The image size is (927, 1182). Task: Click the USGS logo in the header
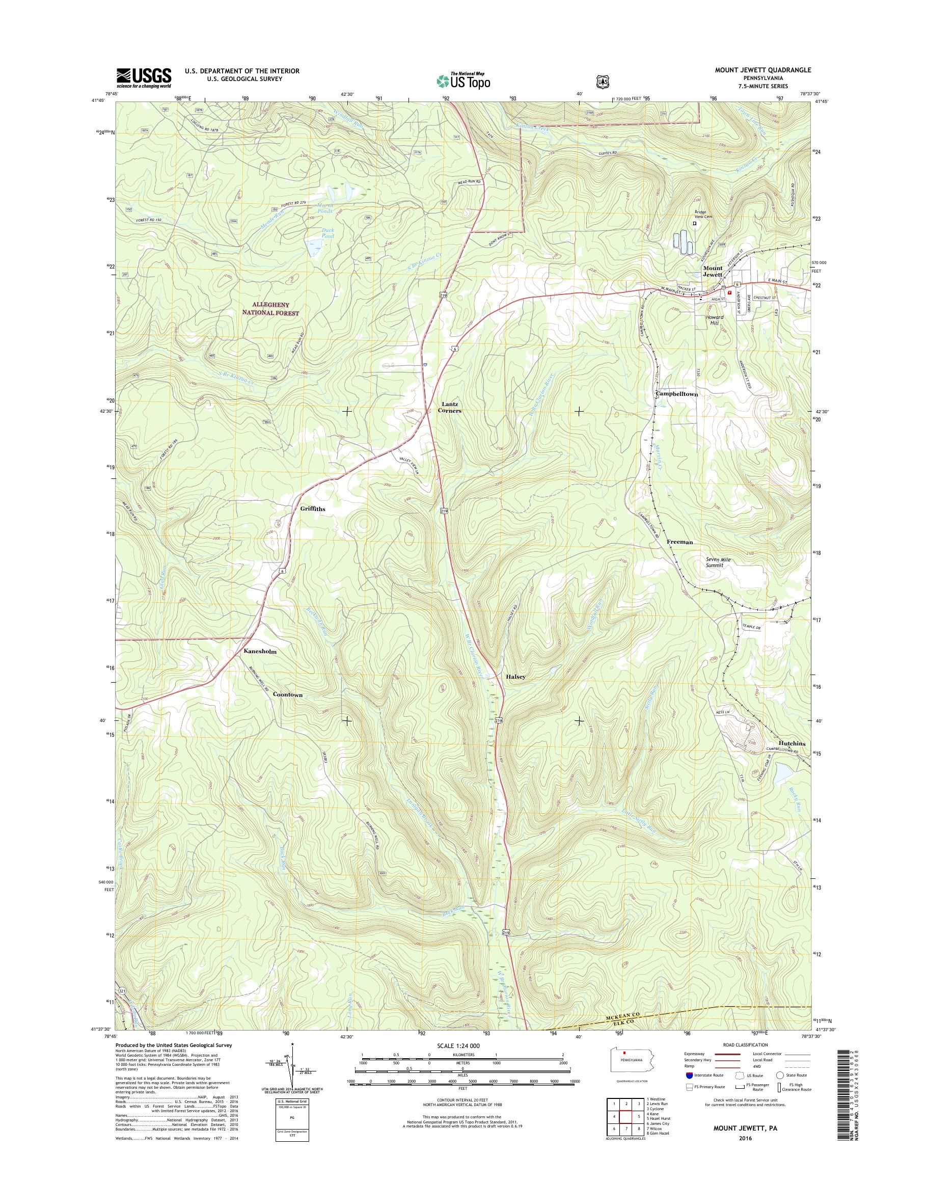144,78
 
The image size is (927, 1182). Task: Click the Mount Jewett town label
713,272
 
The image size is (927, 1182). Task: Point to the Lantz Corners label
450,408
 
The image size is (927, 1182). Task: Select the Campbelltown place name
677,394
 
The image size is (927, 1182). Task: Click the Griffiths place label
313,509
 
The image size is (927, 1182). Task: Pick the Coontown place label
288,695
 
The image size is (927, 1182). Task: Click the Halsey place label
515,677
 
